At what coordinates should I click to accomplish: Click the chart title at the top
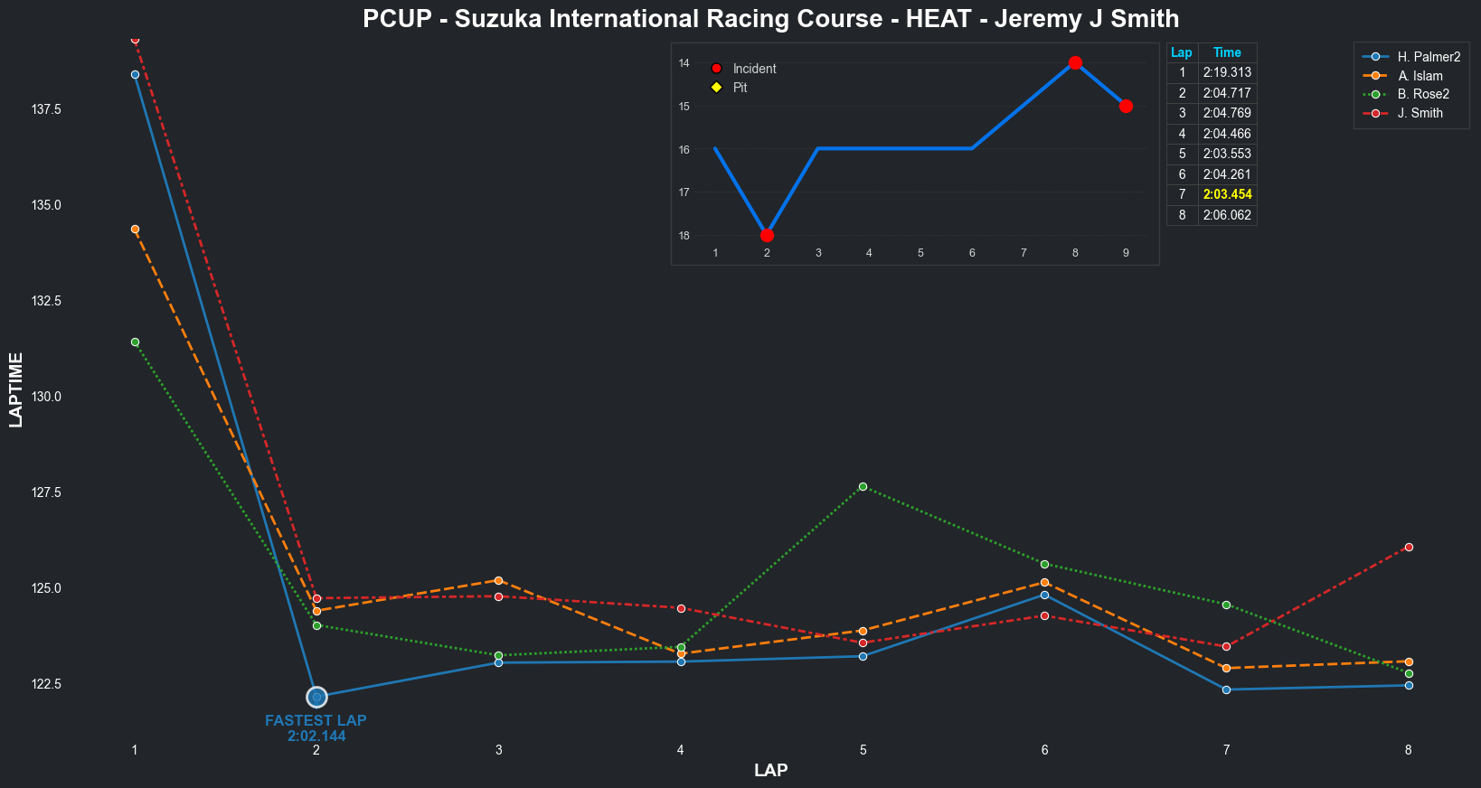(770, 19)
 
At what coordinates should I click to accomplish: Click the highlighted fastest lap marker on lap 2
(316, 697)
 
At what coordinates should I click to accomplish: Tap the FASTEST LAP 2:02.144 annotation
(316, 728)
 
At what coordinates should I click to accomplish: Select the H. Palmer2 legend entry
(1429, 57)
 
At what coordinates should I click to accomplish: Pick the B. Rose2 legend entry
(1423, 94)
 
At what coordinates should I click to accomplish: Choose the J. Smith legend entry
(1420, 113)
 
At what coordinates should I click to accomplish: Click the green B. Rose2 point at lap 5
(863, 487)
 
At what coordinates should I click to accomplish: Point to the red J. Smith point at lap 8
(1409, 547)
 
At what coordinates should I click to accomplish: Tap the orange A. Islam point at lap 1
(135, 230)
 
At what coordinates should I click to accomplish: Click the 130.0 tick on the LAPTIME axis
(46, 397)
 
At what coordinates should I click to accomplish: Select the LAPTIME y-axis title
(16, 389)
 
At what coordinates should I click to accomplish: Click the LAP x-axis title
(770, 770)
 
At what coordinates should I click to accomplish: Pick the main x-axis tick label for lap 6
(1044, 750)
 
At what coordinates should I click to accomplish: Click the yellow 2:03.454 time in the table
(1227, 194)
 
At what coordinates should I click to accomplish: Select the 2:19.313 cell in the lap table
(1227, 72)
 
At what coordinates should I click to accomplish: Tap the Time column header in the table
(1227, 52)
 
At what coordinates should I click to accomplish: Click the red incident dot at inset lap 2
(767, 236)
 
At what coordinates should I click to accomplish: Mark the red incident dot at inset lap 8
(1075, 63)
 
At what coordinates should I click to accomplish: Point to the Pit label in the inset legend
(740, 88)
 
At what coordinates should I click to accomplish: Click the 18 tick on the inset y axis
(684, 236)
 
